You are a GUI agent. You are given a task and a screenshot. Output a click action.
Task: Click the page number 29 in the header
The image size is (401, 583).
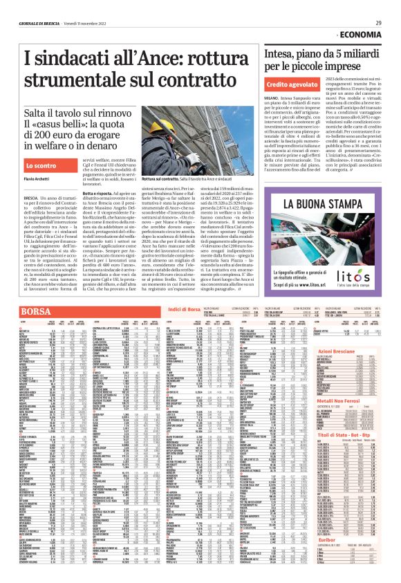[x=378, y=23]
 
